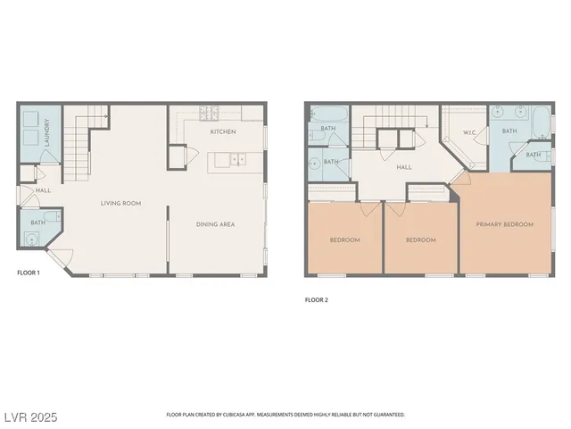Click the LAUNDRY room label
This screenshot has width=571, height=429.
coord(46,134)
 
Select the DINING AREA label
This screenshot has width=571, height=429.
coord(215,224)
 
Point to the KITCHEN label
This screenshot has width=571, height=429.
coord(222,131)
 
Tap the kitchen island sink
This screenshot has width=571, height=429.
coord(237,160)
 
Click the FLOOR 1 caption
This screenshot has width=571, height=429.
coord(29,272)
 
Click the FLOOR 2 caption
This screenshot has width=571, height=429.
coord(317,299)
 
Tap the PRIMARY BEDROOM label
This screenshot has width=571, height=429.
coord(505,224)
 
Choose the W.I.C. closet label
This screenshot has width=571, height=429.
coord(469,133)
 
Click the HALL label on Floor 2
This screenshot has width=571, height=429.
coord(403,166)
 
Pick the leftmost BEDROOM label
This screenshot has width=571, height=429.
coord(344,240)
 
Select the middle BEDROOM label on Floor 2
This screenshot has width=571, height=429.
coord(421,240)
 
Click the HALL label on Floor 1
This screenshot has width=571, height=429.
coord(41,189)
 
